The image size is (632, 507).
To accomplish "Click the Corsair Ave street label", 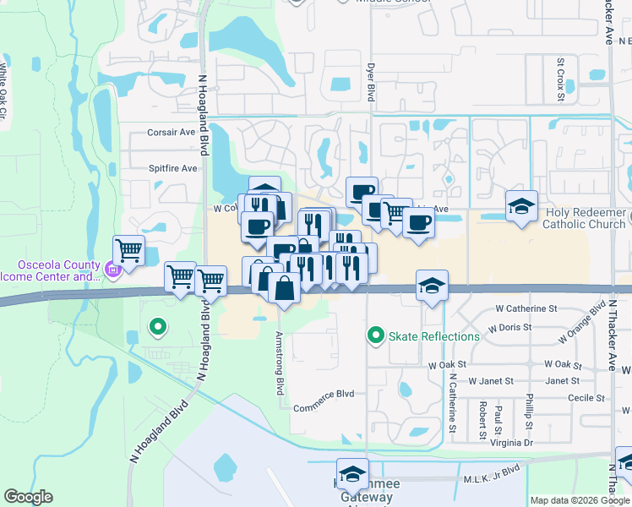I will coord(172,132).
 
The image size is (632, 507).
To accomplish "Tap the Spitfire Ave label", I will coord(172,168).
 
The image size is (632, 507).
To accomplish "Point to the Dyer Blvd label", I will coord(369,83).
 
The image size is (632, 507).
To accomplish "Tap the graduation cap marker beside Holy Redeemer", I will coord(521,205).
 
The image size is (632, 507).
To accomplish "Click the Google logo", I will coord(28,497).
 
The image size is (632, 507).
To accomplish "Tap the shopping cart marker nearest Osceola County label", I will coord(128,250).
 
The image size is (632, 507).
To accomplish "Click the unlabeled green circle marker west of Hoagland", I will coord(156,325).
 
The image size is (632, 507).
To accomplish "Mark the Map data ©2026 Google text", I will coord(580,500).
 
